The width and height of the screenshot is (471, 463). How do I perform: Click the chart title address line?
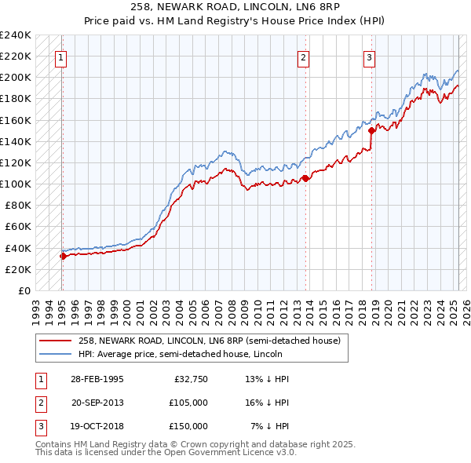[235, 6]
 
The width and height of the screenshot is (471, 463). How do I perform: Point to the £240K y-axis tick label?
[16, 35]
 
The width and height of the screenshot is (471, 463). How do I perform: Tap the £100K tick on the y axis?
[16, 184]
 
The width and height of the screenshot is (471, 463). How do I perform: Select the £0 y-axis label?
[24, 290]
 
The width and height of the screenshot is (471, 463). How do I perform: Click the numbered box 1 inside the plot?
[60, 57]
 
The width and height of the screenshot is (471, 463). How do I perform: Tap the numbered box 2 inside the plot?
[303, 57]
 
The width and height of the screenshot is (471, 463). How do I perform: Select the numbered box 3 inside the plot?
[369, 57]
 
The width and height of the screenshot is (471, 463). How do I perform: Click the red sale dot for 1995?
[63, 255]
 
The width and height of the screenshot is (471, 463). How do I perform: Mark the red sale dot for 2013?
[305, 178]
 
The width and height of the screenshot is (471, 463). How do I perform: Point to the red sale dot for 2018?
[371, 130]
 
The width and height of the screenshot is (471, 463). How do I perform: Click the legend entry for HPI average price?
[195, 355]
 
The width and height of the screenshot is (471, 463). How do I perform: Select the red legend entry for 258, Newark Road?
[209, 341]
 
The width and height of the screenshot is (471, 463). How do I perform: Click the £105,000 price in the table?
[188, 403]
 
